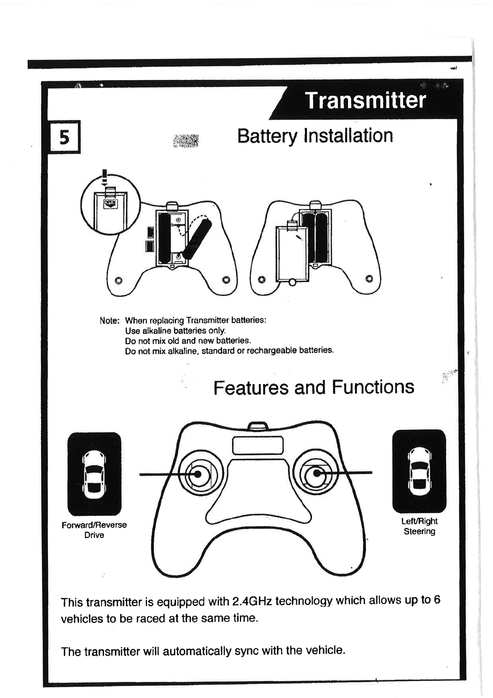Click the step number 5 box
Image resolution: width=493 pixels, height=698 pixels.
[65, 137]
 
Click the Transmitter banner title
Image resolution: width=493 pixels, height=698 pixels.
[365, 100]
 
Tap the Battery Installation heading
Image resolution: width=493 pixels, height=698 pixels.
[315, 136]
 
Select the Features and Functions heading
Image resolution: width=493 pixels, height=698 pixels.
[314, 387]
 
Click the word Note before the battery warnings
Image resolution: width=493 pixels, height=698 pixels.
[110, 321]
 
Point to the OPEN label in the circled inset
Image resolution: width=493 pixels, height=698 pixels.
[111, 203]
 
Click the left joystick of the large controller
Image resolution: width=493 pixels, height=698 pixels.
[198, 474]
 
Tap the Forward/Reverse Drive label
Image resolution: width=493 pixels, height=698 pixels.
[94, 530]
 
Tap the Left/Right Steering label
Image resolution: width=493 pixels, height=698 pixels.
[419, 526]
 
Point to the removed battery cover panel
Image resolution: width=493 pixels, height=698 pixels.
[292, 254]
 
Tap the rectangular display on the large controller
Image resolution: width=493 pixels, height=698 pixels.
[258, 446]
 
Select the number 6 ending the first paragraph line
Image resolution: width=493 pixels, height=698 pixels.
[437, 600]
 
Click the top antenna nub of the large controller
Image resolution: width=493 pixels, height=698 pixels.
[258, 426]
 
